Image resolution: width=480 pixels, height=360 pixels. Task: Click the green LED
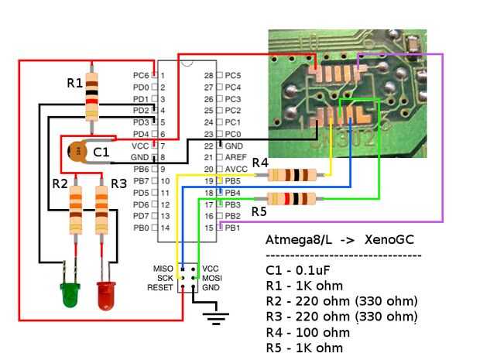tap(70, 293)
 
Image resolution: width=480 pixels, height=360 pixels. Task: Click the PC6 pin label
tap(140, 76)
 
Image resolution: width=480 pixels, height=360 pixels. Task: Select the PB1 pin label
tap(231, 228)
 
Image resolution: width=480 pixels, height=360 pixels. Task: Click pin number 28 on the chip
tap(208, 76)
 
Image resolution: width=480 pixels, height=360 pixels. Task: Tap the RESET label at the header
tap(159, 287)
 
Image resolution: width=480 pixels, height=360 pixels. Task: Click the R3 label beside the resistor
tap(118, 183)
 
